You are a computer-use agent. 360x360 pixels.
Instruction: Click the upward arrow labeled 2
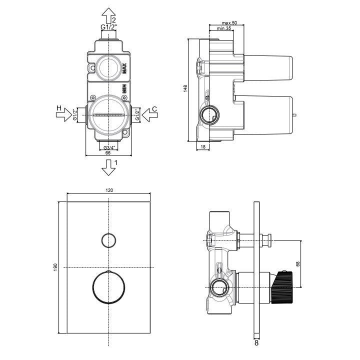coord(108,15)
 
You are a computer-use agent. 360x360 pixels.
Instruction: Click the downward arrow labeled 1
coord(108,168)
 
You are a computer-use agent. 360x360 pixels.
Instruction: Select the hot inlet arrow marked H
coord(64,114)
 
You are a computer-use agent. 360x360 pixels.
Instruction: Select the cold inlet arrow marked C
coord(149,114)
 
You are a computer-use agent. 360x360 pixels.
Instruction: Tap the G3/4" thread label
coord(109,147)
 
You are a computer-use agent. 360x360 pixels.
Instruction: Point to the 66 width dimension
coord(108,152)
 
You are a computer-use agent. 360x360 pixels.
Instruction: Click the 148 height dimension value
coord(185,88)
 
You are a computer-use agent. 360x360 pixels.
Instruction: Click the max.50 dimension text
coord(229,23)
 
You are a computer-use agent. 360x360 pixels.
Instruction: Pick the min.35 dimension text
coord(224,28)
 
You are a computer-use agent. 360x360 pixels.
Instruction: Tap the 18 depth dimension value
coord(203,146)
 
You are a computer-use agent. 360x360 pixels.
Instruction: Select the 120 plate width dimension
coord(109,190)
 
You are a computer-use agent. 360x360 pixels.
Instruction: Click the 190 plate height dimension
coord(55,267)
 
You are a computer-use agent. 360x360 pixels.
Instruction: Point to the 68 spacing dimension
coord(298,264)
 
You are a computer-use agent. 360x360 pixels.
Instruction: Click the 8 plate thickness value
coord(256,343)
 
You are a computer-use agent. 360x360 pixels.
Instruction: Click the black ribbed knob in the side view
coord(281,287)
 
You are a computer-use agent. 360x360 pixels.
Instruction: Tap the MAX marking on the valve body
coord(124,68)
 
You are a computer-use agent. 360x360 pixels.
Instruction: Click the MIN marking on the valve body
coord(124,88)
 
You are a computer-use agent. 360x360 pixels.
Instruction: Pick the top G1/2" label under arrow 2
coord(109,27)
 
